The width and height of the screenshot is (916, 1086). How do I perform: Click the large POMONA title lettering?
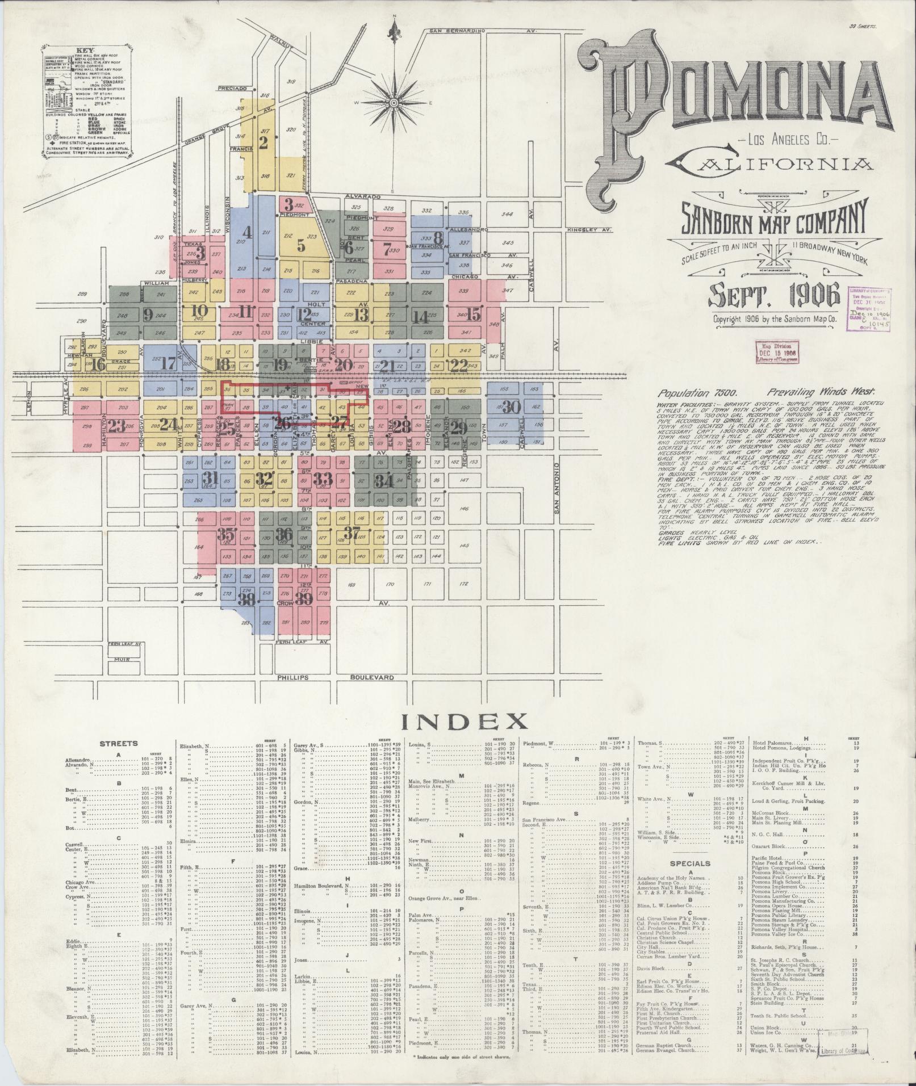(x=733, y=97)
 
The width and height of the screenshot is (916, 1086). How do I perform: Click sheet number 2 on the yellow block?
(x=262, y=143)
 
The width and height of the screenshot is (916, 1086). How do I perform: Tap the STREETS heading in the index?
(x=118, y=743)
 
